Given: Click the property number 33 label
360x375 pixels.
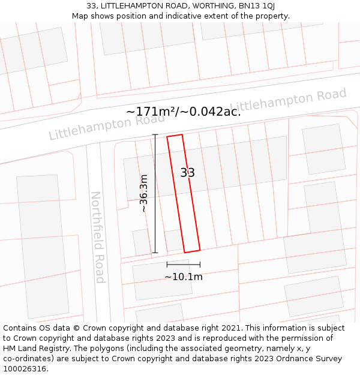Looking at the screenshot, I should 188,173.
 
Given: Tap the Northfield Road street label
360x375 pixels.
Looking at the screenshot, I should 98,237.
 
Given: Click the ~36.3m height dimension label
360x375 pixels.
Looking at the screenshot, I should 143,193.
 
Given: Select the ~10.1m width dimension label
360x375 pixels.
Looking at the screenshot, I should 184,277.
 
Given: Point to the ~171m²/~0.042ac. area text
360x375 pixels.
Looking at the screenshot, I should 184,112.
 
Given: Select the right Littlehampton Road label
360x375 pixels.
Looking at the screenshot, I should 289,100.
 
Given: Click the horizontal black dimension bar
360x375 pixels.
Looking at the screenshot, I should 184,264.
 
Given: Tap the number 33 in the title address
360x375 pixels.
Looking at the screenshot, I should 92,6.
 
